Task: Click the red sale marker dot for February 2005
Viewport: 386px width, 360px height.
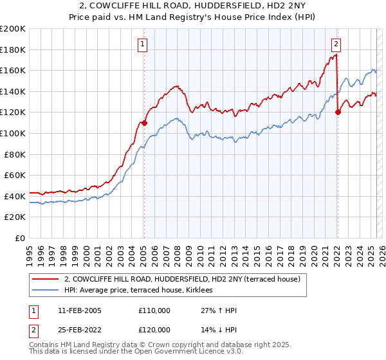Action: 144,122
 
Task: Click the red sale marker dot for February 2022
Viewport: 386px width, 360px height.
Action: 338,112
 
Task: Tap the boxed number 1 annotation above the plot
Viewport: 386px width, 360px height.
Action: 142,44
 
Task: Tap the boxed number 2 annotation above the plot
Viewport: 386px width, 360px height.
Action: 336,44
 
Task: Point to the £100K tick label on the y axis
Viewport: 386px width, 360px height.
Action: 13,133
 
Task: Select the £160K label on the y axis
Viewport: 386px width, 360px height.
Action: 13,70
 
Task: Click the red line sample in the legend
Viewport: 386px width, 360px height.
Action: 46,279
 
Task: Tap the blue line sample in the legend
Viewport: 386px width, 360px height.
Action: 46,291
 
